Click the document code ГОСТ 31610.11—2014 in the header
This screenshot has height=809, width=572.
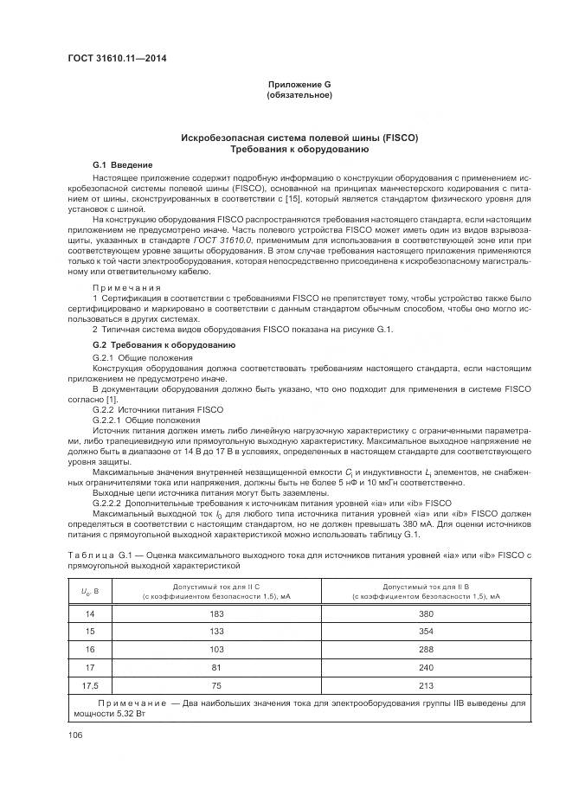click(x=118, y=59)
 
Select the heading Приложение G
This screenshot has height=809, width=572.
click(x=299, y=84)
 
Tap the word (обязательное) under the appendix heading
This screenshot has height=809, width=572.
click(x=299, y=94)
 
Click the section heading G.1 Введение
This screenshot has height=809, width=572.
click(x=123, y=164)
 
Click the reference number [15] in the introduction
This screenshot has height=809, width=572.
click(x=292, y=200)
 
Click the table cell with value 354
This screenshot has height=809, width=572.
click(x=426, y=632)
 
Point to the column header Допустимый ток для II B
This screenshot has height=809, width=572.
click(x=426, y=587)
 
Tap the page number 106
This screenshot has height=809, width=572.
click(x=75, y=735)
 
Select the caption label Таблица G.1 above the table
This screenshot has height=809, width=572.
click(x=96, y=554)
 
